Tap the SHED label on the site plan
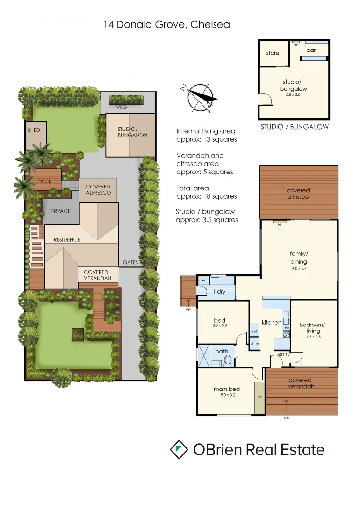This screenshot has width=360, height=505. click(x=34, y=130)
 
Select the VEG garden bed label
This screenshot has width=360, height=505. click(x=122, y=107)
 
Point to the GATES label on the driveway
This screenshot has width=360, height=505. click(x=130, y=263)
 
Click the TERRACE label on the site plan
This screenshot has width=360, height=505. click(x=59, y=211)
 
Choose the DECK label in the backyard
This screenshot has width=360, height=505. click(x=45, y=181)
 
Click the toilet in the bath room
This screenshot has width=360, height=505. click(x=228, y=360)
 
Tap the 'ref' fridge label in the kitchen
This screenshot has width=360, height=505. click(x=254, y=332)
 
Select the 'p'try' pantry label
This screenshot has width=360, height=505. click(x=254, y=344)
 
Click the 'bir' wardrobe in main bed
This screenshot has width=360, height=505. click(x=259, y=397)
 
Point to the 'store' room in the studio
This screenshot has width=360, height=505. click(x=273, y=53)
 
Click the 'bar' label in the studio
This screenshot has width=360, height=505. click(x=311, y=50)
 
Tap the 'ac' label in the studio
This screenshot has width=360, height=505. click(x=296, y=45)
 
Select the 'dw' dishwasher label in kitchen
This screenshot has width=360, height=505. click(x=285, y=328)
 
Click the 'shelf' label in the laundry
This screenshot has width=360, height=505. click(x=203, y=280)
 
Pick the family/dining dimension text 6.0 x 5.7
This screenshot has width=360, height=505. click(x=299, y=268)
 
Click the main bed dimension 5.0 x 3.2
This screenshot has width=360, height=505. click(x=227, y=395)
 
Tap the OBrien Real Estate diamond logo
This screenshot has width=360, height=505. click(x=179, y=449)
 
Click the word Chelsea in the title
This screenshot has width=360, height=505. click(x=210, y=24)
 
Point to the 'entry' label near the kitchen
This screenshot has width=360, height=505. click(x=284, y=354)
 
